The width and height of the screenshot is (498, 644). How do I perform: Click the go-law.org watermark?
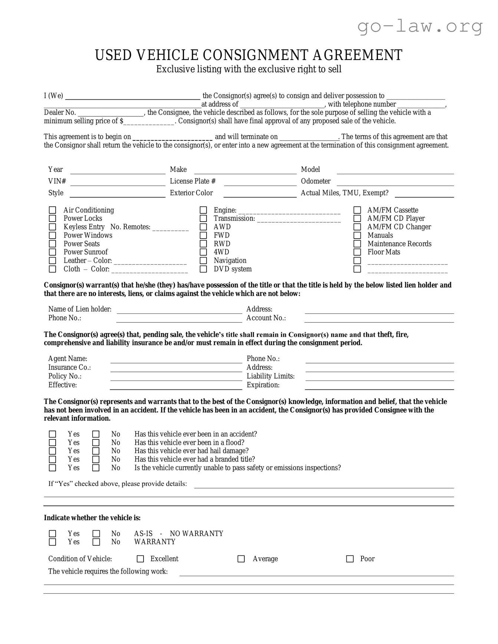[420, 27]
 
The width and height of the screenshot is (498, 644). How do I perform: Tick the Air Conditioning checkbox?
[53, 210]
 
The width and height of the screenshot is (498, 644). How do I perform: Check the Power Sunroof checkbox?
[53, 252]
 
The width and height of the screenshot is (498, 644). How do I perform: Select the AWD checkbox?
[203, 227]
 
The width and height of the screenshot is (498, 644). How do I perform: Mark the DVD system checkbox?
[203, 269]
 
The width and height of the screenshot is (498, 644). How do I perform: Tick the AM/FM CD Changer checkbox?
[357, 227]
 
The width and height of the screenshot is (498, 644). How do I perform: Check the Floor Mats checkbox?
[357, 252]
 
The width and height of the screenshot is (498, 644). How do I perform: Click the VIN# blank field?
[118, 182]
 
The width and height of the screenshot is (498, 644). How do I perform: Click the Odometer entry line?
[395, 182]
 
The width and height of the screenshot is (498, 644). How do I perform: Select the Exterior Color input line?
[260, 194]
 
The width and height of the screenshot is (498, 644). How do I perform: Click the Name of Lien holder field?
[179, 310]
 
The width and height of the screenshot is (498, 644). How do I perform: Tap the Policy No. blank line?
[176, 377]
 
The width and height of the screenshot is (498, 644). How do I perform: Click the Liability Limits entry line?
[379, 377]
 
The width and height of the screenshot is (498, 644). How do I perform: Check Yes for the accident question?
[53, 434]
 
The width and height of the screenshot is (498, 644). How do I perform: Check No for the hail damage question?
[96, 451]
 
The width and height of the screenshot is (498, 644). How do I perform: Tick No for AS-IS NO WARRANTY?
[96, 534]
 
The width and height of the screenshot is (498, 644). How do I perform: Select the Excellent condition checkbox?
[140, 559]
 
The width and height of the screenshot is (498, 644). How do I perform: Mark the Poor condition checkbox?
[350, 559]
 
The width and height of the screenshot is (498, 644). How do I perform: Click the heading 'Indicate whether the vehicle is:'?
[92, 518]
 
